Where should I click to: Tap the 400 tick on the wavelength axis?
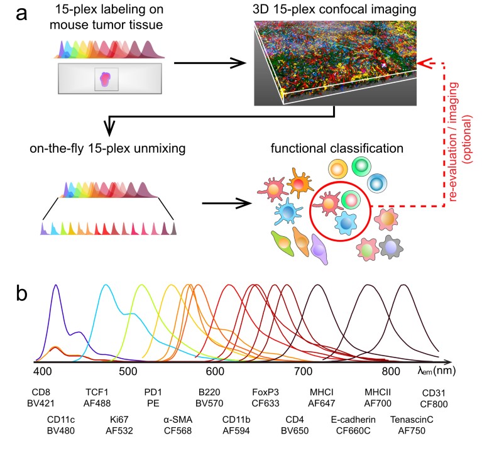(x=43, y=370)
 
